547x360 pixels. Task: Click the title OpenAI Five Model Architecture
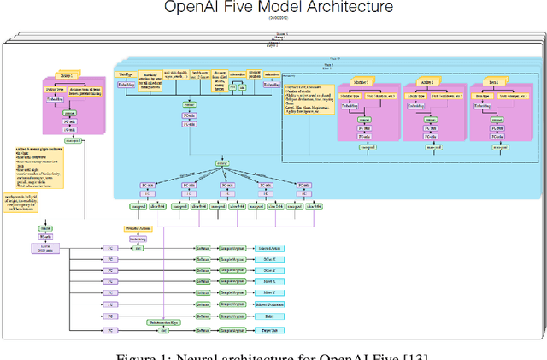coord(273,8)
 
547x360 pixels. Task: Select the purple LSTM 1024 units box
coord(44,245)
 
